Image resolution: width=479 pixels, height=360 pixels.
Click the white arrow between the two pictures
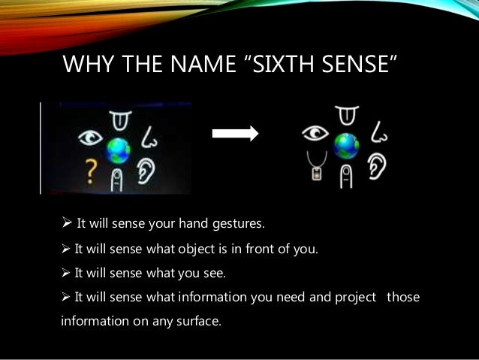234,134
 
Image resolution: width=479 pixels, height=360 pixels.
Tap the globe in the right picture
345,145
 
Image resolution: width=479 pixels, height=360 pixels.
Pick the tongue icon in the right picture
345,114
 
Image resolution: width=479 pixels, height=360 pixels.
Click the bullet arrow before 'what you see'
65,272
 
